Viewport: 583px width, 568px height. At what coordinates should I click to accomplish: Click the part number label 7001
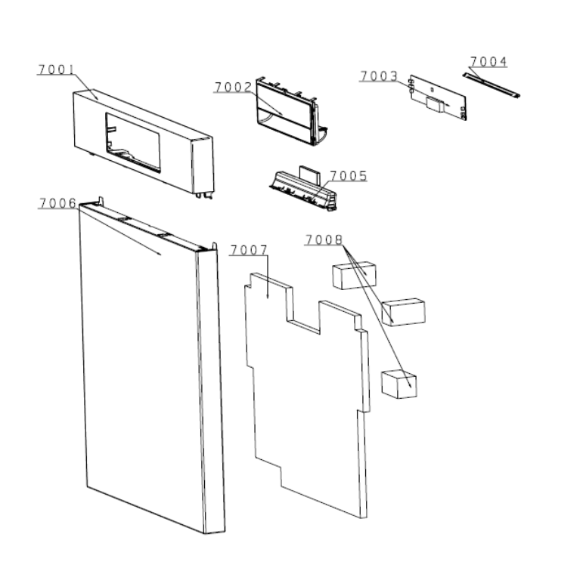(57, 69)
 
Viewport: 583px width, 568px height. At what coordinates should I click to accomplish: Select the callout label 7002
(234, 87)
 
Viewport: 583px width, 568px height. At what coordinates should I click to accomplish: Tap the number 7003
(379, 76)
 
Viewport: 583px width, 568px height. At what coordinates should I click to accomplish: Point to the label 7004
(488, 61)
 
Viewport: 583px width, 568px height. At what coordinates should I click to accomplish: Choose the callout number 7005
(349, 176)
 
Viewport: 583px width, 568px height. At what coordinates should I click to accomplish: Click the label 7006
(58, 203)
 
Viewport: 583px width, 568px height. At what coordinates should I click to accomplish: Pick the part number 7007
(249, 250)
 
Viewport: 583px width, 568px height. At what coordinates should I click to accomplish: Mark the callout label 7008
(324, 240)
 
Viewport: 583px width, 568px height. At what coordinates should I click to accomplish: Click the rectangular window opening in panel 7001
(133, 143)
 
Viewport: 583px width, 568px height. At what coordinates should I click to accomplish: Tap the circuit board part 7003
(438, 97)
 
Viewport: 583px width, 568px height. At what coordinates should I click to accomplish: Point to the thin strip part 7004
(491, 85)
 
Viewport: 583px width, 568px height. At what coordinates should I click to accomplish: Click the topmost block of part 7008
(354, 275)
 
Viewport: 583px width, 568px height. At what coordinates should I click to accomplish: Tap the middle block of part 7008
(404, 312)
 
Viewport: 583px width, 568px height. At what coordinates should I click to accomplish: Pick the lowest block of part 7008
(399, 384)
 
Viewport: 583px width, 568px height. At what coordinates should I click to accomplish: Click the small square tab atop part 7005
(309, 174)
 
